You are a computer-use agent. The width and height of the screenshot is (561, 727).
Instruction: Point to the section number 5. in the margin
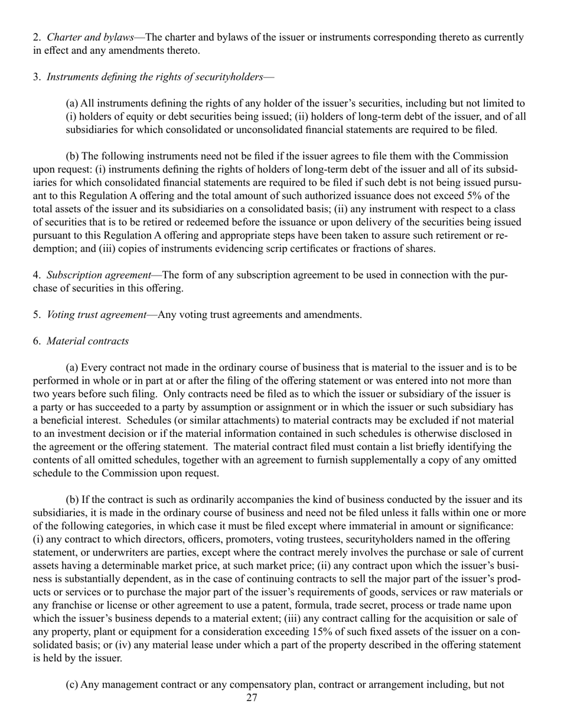coord(37,314)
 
